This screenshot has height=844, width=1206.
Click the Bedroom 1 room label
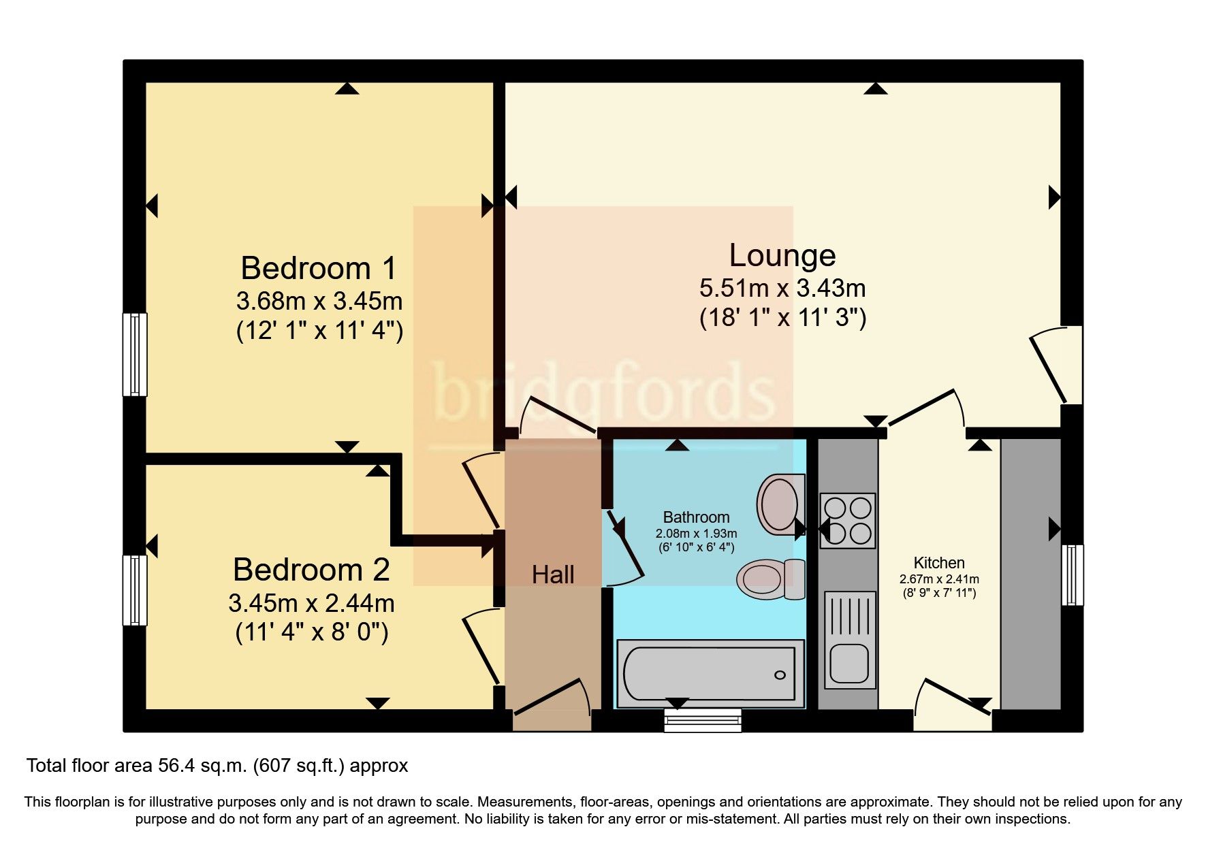tap(318, 268)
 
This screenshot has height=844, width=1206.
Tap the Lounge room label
tap(782, 255)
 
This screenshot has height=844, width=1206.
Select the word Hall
tap(552, 574)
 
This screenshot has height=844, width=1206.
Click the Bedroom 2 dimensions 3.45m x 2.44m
tap(311, 603)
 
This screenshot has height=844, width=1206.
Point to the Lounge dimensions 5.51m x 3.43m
tap(782, 288)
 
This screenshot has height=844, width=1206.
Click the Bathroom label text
tap(696, 517)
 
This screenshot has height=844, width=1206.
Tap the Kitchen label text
tap(938, 563)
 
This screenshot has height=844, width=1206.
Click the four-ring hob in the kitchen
tap(847, 521)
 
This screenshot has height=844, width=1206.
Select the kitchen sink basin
tap(848, 662)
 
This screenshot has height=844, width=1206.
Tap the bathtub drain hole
tap(780, 675)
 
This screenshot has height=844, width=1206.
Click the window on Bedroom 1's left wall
tap(135, 354)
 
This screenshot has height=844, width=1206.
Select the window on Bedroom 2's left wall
tap(135, 590)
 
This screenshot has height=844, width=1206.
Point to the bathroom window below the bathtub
tap(702, 719)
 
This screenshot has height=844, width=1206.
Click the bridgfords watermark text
tap(603, 393)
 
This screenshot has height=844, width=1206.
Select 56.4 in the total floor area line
tap(173, 766)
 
